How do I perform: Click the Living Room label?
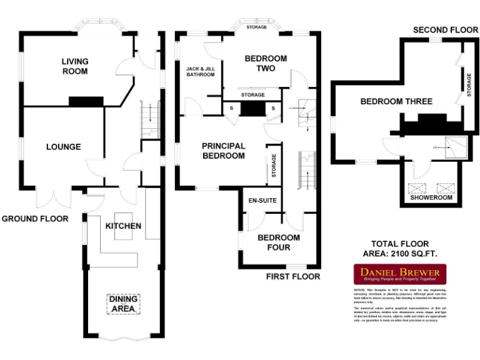75,66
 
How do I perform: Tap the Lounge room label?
64,147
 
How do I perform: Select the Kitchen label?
123,226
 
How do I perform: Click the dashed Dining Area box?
123,304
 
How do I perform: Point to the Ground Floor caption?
35,219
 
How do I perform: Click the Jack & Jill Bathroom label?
201,71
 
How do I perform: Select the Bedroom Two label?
266,63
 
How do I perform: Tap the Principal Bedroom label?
224,151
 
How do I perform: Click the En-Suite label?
262,201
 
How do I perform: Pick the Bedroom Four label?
279,242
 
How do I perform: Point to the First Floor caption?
293,276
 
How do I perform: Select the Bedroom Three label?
396,101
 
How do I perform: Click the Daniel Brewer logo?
401,275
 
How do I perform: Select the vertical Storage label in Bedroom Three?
469,85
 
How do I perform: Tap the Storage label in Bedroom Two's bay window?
256,27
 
